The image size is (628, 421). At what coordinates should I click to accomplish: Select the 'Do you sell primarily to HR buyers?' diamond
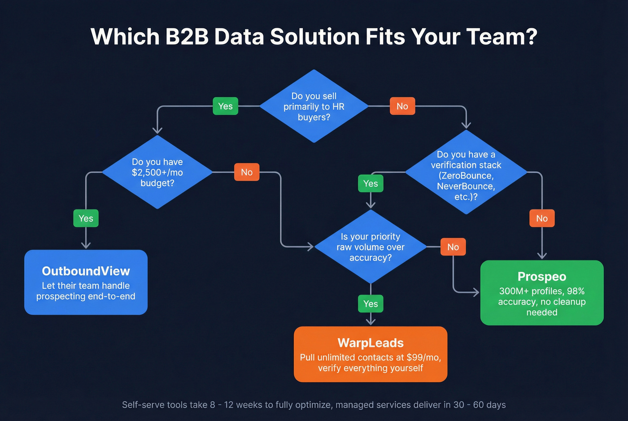click(x=314, y=106)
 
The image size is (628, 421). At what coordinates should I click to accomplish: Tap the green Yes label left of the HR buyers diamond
click(x=225, y=106)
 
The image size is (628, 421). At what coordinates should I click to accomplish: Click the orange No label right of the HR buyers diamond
click(x=402, y=106)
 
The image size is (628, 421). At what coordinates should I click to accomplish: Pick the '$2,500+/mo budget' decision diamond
click(x=157, y=172)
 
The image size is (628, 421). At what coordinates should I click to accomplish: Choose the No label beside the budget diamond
click(x=247, y=172)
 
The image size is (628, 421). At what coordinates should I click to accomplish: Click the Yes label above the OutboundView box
click(x=86, y=218)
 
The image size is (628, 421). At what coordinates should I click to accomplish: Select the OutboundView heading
click(x=86, y=271)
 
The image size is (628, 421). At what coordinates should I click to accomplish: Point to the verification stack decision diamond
click(x=466, y=175)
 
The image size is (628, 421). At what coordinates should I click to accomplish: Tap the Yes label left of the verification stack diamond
click(x=371, y=183)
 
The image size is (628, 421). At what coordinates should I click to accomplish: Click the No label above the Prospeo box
click(x=542, y=218)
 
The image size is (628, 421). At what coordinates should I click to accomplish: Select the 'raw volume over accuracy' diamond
click(x=371, y=247)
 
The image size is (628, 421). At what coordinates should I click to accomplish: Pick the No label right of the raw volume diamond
click(x=453, y=247)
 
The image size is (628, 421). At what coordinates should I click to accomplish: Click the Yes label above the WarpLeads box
click(x=371, y=304)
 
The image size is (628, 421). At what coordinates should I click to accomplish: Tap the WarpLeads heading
click(x=371, y=343)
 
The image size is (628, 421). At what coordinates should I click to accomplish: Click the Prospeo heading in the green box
click(x=542, y=277)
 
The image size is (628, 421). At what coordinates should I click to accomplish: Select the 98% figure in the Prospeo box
click(x=576, y=291)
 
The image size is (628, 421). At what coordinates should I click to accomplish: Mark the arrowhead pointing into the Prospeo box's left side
click(x=476, y=293)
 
